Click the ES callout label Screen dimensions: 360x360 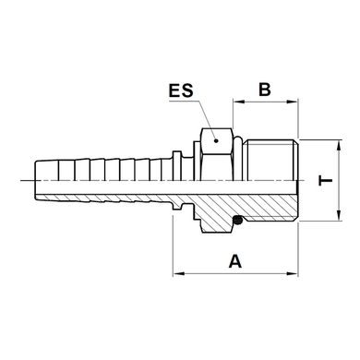pos(181,90)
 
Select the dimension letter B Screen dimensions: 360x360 pos(265,90)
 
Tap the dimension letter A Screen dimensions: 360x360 pos(235,261)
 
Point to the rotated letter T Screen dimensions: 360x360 pos(326,181)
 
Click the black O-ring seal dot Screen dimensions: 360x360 pos(237,220)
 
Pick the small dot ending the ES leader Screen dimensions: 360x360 pos(216,141)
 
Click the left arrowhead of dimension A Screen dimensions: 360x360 pos(178,273)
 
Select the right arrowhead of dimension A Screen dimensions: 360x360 pos(293,273)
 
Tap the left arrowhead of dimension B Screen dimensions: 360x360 pos(238,102)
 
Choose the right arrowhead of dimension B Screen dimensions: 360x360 pos(293,102)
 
